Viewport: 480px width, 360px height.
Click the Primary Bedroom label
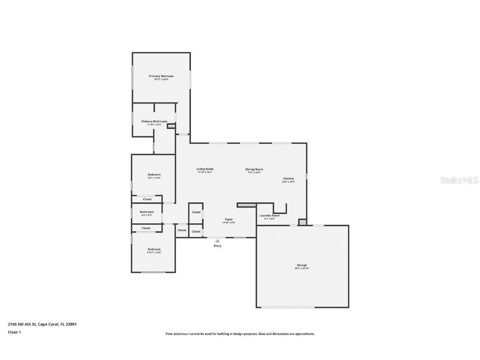click(161, 76)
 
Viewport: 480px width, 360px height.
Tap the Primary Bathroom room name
click(154, 121)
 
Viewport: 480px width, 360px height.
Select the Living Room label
click(205, 169)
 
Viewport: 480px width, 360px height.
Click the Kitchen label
click(288, 178)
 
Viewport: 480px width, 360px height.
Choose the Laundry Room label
click(270, 215)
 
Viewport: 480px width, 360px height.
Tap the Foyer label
click(229, 219)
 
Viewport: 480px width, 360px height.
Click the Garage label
click(302, 265)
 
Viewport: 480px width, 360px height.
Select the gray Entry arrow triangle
click(217, 241)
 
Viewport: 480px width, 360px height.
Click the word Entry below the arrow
click(217, 246)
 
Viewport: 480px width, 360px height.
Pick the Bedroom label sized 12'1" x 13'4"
click(154, 175)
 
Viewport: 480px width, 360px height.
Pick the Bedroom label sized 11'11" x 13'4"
click(154, 249)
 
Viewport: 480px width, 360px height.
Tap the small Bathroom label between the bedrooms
click(147, 212)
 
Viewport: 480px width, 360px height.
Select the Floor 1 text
click(14, 332)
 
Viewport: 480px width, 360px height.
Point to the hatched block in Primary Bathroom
click(171, 125)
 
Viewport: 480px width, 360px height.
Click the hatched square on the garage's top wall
click(303, 222)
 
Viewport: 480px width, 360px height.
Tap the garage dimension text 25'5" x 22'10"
click(302, 268)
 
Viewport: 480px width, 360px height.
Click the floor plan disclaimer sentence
click(240, 334)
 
